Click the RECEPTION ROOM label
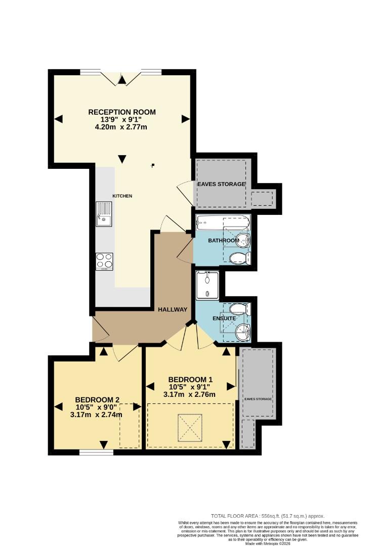[122, 112]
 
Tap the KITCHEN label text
[122, 196]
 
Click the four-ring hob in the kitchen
[104, 261]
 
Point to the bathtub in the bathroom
[223, 221]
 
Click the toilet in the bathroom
[239, 259]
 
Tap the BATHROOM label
[223, 241]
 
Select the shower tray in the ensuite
[208, 284]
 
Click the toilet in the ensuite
[240, 309]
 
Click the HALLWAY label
[172, 309]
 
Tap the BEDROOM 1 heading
[190, 380]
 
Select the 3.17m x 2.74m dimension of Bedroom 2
[96, 415]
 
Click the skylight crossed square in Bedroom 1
[190, 427]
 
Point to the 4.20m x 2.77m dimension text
[121, 127]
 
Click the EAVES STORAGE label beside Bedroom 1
[259, 399]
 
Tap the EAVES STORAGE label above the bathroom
[222, 184]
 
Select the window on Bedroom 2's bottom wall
[96, 452]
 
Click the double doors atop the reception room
[121, 77]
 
